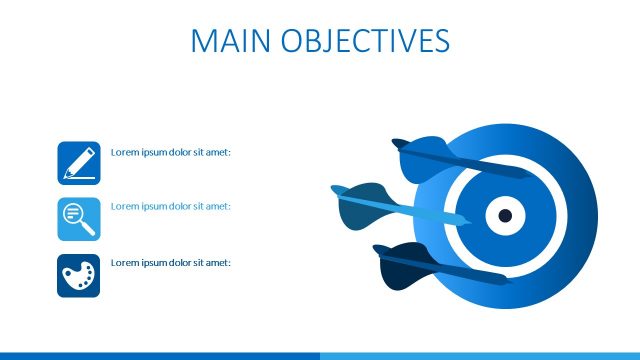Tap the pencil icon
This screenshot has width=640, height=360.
pos(79,163)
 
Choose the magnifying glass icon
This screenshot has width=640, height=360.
pos(79,218)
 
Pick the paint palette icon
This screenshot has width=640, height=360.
pos(79,274)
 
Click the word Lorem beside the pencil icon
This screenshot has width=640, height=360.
pos(123,152)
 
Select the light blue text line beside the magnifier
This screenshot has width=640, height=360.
pos(171,206)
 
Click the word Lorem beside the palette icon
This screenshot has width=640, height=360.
pos(123,262)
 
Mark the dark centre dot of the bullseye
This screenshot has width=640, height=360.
pos(505,216)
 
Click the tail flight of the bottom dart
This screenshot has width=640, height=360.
pos(400,262)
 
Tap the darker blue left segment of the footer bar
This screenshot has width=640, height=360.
pos(160,355)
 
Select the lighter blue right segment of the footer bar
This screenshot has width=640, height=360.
pos(480,355)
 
